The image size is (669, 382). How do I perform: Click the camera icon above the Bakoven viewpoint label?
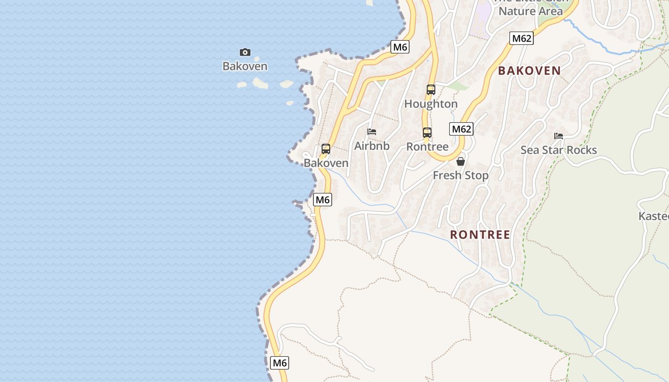(245, 52)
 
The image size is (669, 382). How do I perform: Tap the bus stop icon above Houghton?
(431, 89)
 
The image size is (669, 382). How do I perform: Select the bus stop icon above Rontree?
(427, 132)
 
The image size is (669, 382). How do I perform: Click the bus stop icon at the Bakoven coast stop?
(326, 149)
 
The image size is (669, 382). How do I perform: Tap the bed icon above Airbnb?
(372, 131)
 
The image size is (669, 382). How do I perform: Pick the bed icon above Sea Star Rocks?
(559, 136)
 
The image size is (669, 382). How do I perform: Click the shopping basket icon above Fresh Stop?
(461, 161)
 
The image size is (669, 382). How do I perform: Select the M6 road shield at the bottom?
(280, 363)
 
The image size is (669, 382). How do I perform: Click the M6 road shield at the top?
(400, 47)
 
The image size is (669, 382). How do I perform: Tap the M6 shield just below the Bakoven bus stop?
(323, 200)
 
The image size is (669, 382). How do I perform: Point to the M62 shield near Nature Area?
(521, 38)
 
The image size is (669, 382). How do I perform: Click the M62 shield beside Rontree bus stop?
(462, 129)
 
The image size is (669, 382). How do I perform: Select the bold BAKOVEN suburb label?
(529, 71)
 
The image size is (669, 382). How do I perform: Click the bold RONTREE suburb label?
(480, 234)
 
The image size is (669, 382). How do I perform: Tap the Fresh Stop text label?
(461, 175)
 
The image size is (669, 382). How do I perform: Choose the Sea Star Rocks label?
(559, 150)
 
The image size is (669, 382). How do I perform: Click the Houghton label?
(431, 104)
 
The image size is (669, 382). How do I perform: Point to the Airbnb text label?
(372, 146)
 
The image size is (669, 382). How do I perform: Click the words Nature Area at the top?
(530, 11)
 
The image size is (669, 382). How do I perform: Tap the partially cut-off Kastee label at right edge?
(654, 216)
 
